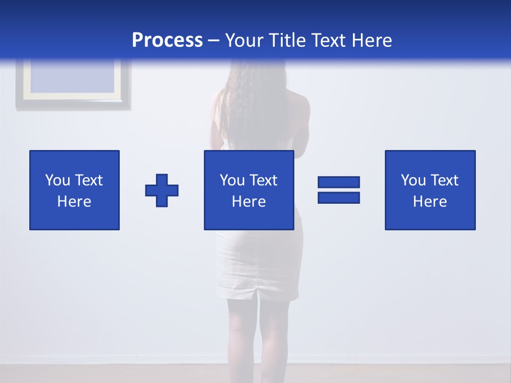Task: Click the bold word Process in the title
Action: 167,40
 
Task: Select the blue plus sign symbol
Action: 162,190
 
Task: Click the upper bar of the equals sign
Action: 339,182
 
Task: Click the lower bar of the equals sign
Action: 339,197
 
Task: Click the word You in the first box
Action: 57,180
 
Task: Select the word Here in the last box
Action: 430,202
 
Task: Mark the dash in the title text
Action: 213,40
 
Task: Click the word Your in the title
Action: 244,40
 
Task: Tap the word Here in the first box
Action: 75,202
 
